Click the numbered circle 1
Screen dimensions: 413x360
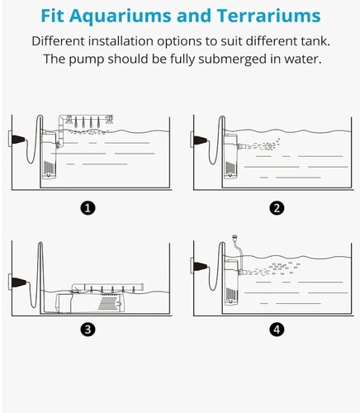tap(87, 208)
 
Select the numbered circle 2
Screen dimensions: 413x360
tap(277, 208)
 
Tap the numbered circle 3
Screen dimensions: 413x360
tap(87, 330)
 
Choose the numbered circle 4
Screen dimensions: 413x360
tap(277, 330)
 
